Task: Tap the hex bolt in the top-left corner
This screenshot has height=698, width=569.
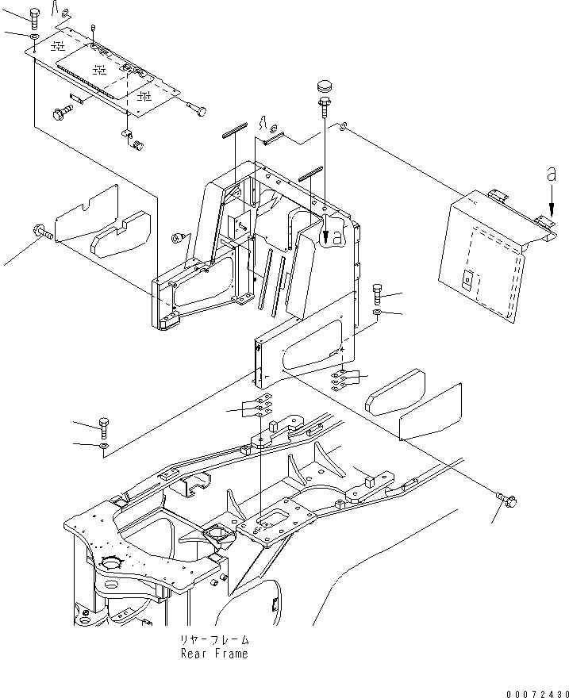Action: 33,17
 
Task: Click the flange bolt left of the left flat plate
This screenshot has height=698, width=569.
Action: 41,232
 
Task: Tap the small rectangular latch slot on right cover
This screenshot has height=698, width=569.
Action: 468,279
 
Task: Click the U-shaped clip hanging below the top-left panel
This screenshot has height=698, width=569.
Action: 127,139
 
